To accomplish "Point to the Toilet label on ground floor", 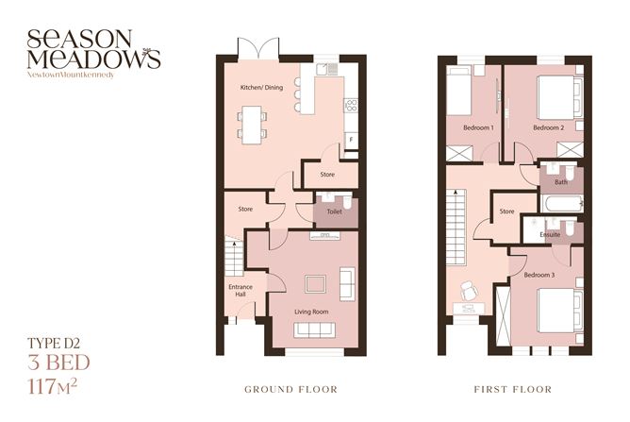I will (x=334, y=212).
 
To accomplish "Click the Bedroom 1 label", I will (x=478, y=127).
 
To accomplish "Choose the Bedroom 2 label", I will (x=548, y=127).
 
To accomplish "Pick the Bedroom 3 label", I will (x=540, y=275).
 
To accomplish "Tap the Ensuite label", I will (x=552, y=233).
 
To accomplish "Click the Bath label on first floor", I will (x=561, y=182).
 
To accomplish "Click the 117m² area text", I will (x=60, y=384).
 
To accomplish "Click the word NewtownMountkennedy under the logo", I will (x=72, y=73).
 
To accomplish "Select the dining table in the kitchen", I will (x=251, y=121).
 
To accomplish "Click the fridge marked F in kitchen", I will (x=351, y=141).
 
